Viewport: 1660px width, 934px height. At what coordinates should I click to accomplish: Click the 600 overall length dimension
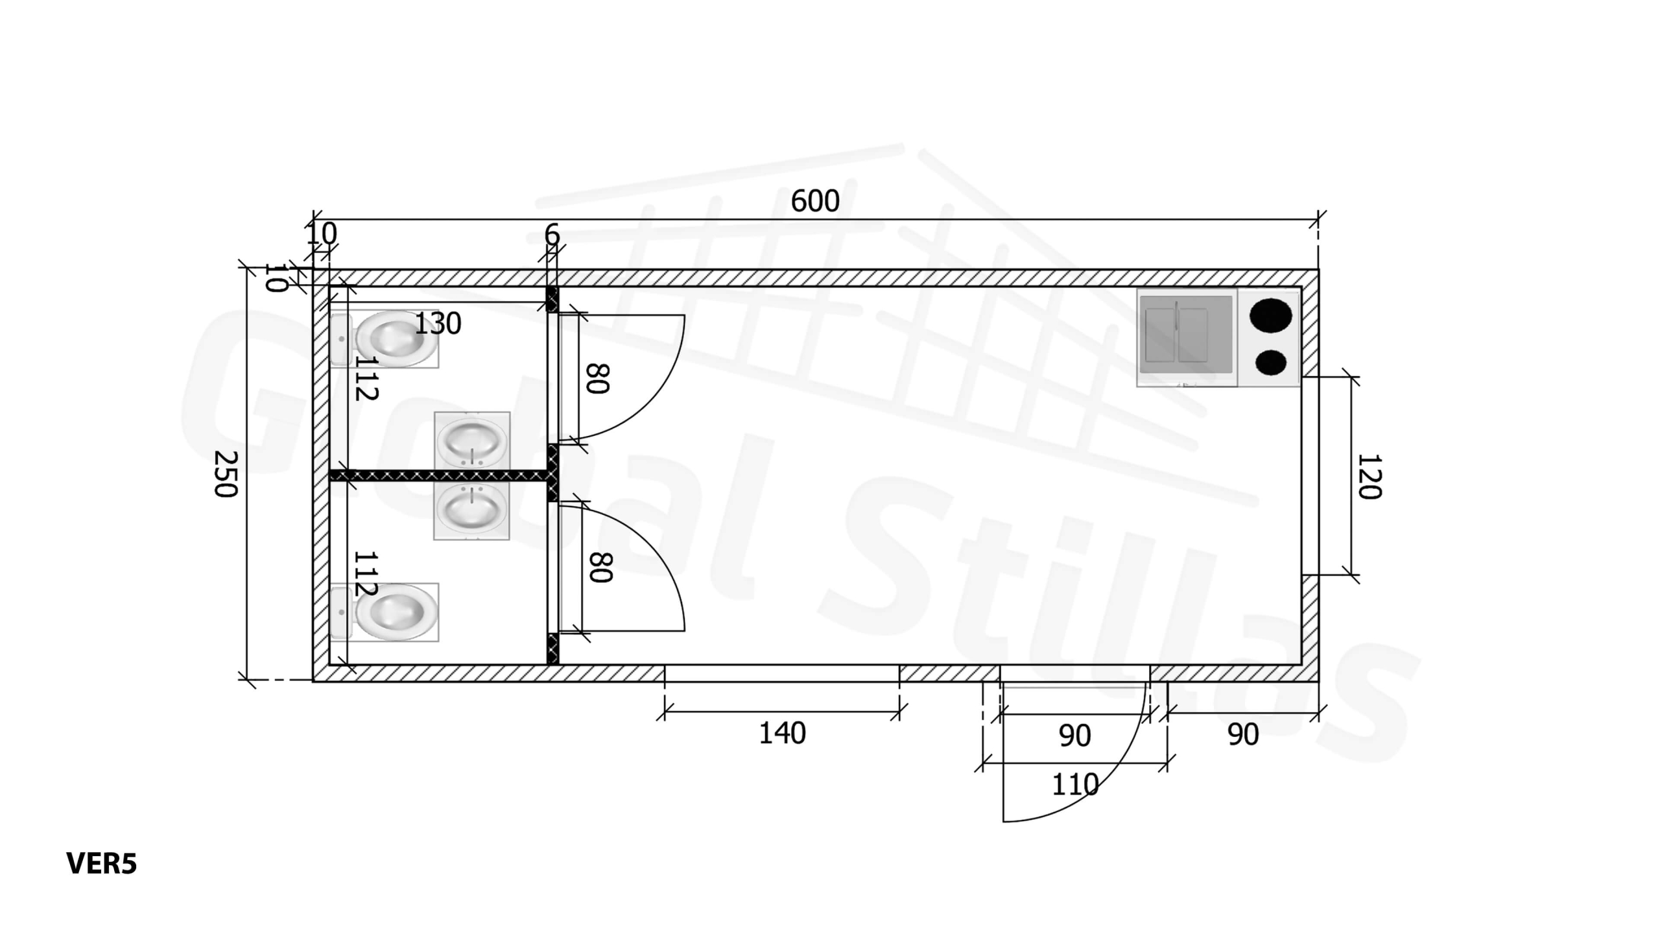(x=815, y=201)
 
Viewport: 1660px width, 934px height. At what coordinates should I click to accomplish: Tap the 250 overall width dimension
(x=225, y=474)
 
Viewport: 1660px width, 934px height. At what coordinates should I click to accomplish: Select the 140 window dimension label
(x=783, y=734)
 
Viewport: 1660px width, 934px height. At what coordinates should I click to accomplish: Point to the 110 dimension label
(x=1075, y=785)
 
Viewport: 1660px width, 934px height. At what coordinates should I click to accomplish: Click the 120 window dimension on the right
(x=1369, y=477)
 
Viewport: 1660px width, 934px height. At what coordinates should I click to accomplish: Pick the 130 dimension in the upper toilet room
(x=438, y=323)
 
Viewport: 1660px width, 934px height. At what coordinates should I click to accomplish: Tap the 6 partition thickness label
(x=552, y=235)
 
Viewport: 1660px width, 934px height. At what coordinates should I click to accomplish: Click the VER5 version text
(x=102, y=864)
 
